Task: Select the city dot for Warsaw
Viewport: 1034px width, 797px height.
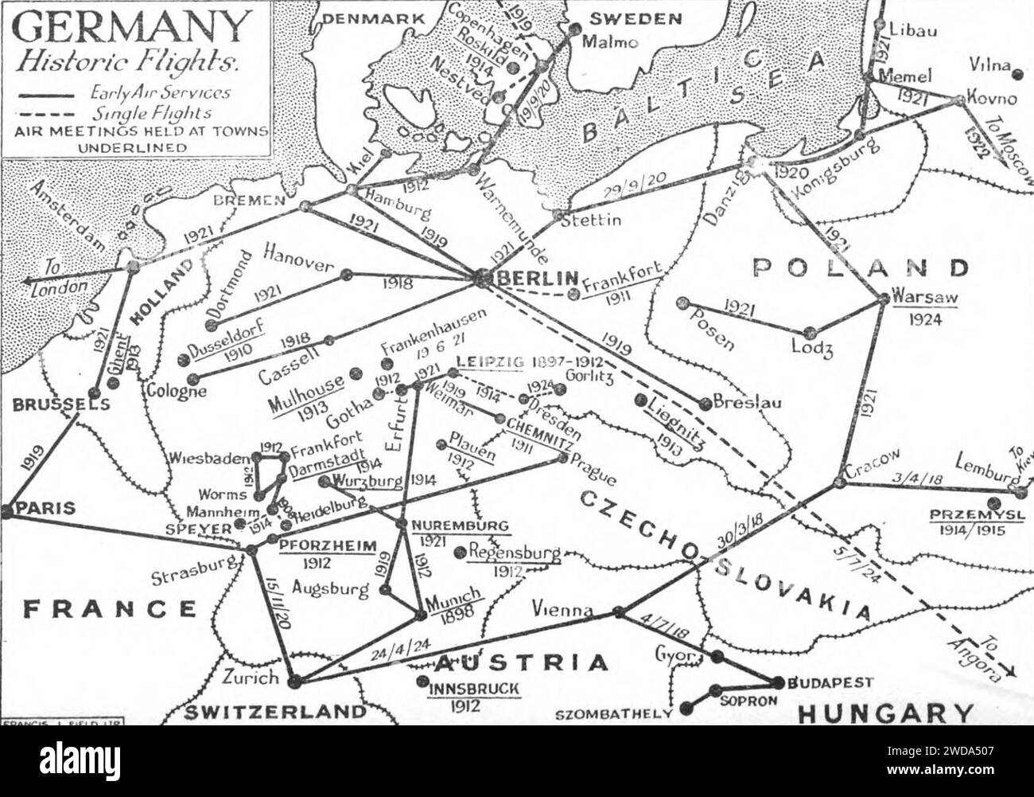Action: (x=884, y=299)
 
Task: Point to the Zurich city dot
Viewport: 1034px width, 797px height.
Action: (x=295, y=681)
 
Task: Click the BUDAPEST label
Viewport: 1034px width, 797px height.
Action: (x=830, y=683)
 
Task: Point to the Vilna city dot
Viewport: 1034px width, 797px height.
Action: (x=1018, y=75)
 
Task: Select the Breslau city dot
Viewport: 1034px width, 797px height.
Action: (x=704, y=403)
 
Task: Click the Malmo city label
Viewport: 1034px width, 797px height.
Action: (x=611, y=43)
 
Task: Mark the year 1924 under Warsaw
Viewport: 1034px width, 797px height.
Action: (x=927, y=321)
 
